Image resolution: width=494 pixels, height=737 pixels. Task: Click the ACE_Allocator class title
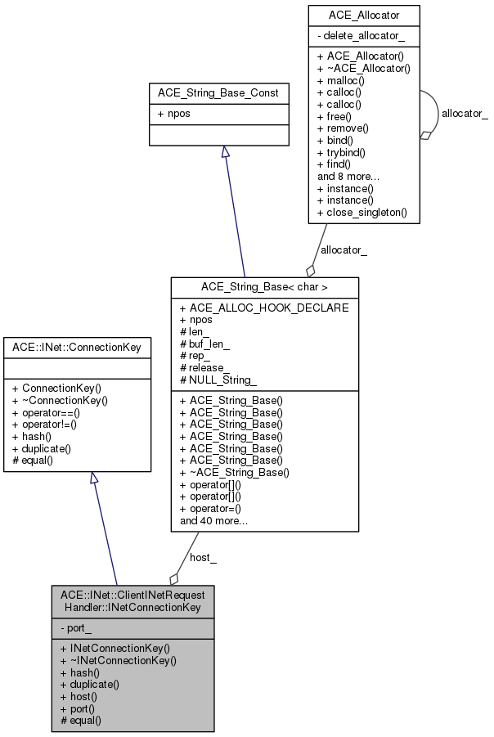click(x=364, y=16)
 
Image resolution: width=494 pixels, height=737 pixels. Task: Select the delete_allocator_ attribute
click(x=361, y=36)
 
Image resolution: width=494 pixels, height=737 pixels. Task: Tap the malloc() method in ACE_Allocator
click(x=341, y=81)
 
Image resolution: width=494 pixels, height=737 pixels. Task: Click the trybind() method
click(x=341, y=153)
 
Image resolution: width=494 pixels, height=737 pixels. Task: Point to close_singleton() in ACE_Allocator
click(x=362, y=213)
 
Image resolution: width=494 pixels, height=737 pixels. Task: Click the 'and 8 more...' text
click(x=348, y=177)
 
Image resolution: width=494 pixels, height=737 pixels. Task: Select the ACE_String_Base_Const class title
click(x=218, y=93)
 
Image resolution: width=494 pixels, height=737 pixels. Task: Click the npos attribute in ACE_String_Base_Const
click(x=174, y=114)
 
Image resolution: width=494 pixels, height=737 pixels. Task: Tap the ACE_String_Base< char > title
click(x=264, y=287)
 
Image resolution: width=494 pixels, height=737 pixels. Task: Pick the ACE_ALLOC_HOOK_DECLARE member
click(x=264, y=308)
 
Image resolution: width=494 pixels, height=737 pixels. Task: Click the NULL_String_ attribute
click(x=218, y=380)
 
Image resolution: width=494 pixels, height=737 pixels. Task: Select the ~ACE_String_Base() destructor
click(x=235, y=472)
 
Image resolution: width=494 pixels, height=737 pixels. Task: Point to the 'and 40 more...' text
click(x=213, y=521)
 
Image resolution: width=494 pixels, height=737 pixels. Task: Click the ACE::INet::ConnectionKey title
click(x=77, y=348)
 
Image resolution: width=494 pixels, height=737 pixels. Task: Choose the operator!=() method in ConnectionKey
click(x=45, y=425)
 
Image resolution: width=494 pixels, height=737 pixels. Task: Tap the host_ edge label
click(x=203, y=557)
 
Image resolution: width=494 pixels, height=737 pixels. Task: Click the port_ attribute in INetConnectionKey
click(x=76, y=628)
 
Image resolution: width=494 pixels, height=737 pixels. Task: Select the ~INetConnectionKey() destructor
click(x=119, y=661)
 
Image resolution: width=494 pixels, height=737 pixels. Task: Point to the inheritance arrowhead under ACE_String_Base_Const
click(x=226, y=151)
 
